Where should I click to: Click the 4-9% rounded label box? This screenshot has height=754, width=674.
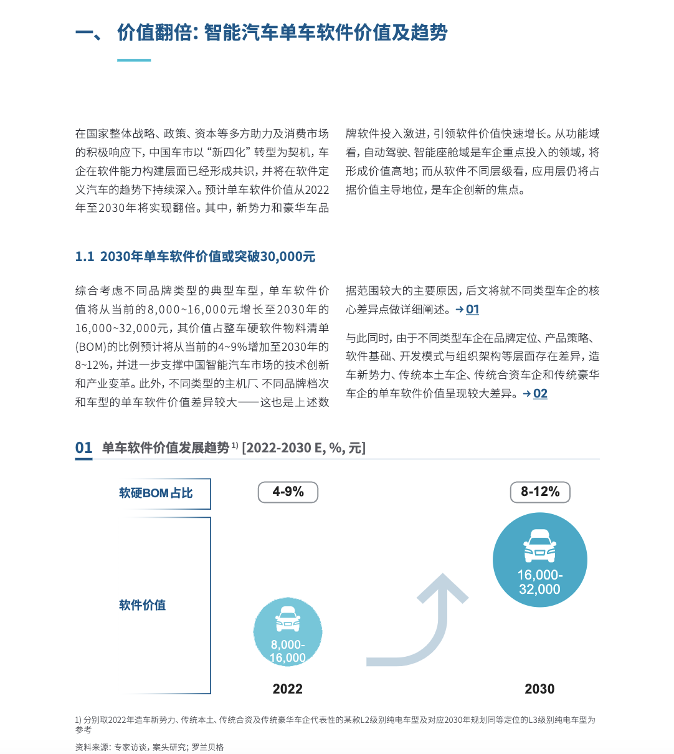[x=288, y=492]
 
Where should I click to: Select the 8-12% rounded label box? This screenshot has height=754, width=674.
[x=540, y=492]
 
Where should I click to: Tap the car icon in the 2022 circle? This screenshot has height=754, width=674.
[x=288, y=619]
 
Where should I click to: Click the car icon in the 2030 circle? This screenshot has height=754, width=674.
[x=539, y=546]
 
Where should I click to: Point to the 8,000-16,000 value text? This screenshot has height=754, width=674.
[x=288, y=651]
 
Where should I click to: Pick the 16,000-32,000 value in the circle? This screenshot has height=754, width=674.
[x=539, y=582]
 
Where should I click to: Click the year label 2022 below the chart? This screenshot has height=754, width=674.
[x=288, y=689]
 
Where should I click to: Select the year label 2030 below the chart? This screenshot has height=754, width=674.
[x=539, y=689]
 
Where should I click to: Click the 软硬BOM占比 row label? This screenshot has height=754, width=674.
[x=156, y=494]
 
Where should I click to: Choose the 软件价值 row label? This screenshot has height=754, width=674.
[x=143, y=605]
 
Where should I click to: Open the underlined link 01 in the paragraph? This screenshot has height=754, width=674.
[x=473, y=310]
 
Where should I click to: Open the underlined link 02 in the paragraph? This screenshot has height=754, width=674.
[x=540, y=394]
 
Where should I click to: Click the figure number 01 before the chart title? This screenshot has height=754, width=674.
[x=83, y=448]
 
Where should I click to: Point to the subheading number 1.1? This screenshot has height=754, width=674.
[x=85, y=257]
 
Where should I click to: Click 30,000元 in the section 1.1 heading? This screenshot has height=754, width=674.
[x=288, y=257]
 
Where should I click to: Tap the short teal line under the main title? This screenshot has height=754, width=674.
[x=134, y=60]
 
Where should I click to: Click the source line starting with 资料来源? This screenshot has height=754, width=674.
[x=150, y=747]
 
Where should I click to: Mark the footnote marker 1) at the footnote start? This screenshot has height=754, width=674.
[x=78, y=720]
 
